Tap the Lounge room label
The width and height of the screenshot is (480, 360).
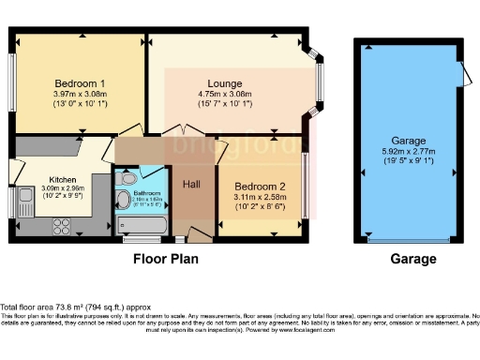226,82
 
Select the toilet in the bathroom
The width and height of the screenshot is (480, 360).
128,176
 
